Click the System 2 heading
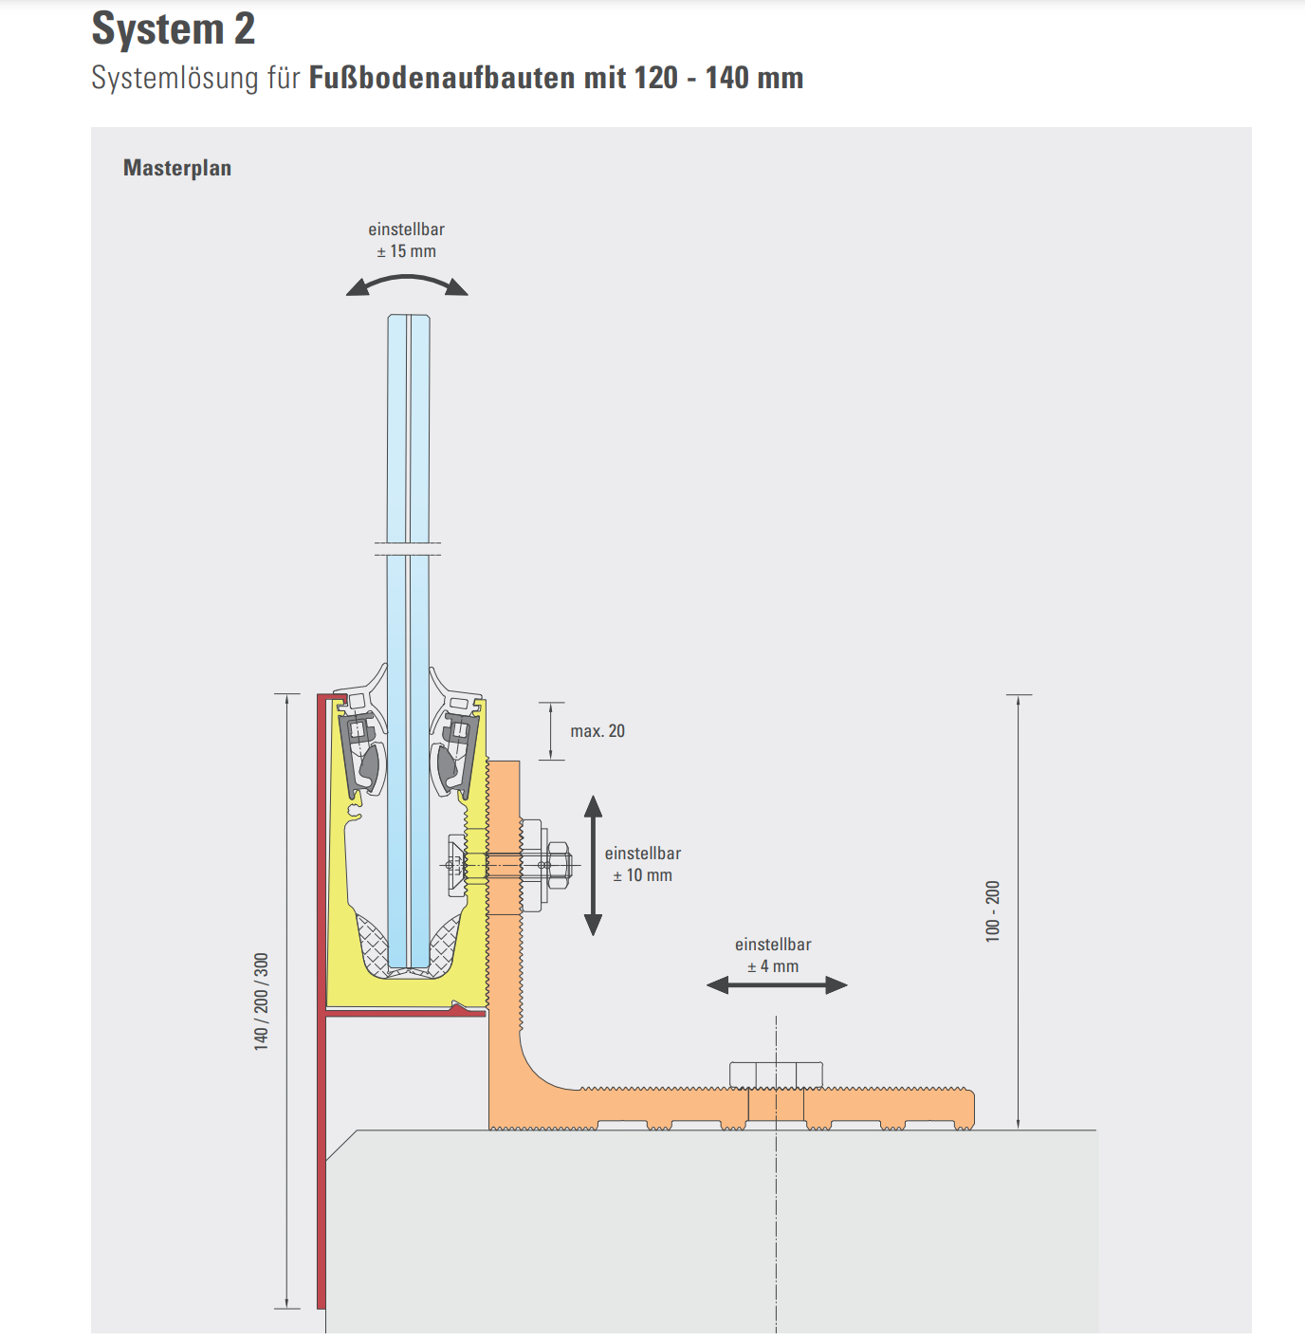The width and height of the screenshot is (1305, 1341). click(174, 28)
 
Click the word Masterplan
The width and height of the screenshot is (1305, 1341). click(177, 168)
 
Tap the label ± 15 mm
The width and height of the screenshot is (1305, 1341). click(406, 251)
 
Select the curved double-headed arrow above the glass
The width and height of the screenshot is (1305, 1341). click(407, 282)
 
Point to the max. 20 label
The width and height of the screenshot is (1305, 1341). click(597, 731)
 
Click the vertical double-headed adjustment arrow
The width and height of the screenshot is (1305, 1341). click(593, 865)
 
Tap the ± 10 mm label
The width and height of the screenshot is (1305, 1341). click(642, 875)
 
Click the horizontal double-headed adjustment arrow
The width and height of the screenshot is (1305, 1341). click(777, 985)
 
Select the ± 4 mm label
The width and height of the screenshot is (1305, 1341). click(773, 966)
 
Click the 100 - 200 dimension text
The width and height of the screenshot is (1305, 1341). click(993, 910)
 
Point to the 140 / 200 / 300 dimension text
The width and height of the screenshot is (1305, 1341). click(262, 1001)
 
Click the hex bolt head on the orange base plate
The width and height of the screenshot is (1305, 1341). click(776, 1075)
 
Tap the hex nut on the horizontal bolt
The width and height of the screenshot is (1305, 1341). click(559, 865)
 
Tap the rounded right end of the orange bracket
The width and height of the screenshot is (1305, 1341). click(967, 1109)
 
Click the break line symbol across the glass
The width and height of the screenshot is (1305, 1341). click(408, 548)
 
